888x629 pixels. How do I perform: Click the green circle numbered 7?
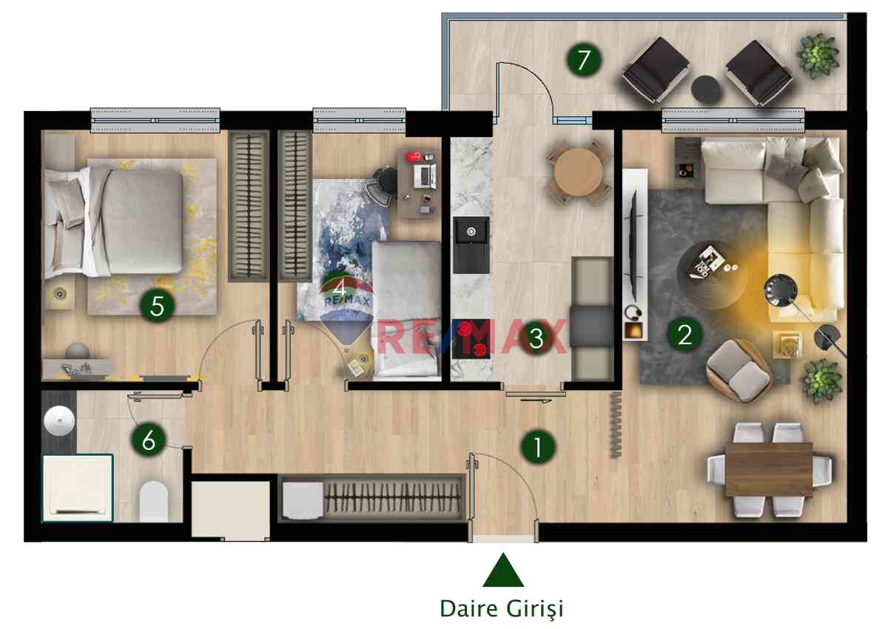coord(584,60)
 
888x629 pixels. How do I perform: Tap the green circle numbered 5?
coord(157,306)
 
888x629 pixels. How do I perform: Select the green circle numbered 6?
coord(149,440)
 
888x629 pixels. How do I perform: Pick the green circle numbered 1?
coord(538,447)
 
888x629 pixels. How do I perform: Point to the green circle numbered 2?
coord(685,334)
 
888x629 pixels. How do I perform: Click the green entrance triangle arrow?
coord(503,570)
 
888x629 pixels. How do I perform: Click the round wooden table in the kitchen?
coord(578,172)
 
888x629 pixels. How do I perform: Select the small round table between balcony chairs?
coord(706,90)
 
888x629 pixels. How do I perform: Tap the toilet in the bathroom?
coord(153,501)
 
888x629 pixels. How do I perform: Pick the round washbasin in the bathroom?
coord(59,420)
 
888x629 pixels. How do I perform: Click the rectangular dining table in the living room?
coord(770,470)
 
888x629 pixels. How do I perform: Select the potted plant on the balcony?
coord(818,55)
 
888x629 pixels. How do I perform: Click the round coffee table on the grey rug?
coord(712,275)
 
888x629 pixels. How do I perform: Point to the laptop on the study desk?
coord(425,176)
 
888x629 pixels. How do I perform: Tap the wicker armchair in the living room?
coord(739,370)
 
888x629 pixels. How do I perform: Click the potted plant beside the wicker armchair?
coord(822,381)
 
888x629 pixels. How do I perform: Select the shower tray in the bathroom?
coord(78,488)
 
